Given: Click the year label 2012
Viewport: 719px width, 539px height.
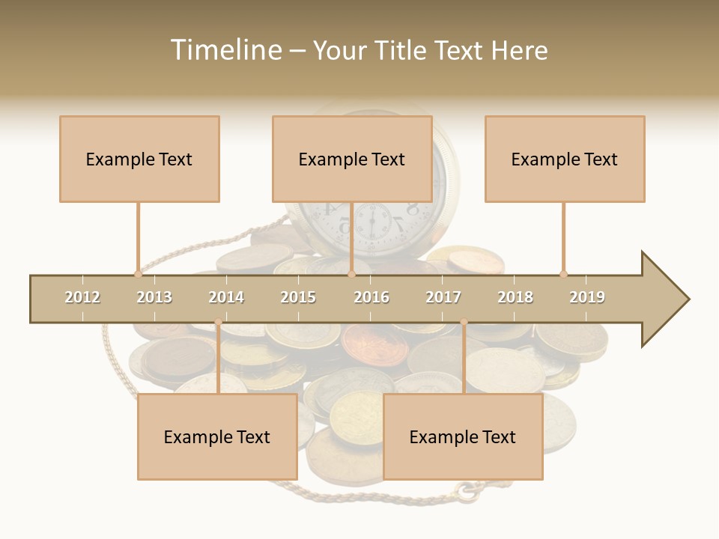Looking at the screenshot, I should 82,297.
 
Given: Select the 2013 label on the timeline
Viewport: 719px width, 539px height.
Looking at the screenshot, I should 154,297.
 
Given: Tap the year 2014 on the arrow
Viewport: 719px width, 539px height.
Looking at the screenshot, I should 226,297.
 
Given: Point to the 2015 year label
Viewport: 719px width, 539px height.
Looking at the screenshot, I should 298,297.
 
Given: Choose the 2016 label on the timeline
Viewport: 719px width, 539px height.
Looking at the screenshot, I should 371,297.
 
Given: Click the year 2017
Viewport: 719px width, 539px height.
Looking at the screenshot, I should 443,297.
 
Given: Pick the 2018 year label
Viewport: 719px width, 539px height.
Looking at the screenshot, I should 515,297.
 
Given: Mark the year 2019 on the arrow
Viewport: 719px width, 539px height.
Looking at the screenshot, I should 587,297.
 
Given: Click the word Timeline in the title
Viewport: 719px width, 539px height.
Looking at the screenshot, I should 225,50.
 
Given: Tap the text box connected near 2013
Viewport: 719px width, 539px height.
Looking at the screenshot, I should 139,159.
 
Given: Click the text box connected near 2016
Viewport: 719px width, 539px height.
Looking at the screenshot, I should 352,159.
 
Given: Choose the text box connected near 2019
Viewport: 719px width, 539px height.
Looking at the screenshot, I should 565,159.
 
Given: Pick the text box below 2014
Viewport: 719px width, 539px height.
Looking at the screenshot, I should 217,436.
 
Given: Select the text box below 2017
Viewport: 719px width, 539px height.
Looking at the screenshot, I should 463,436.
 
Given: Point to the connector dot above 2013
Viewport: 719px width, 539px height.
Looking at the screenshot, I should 138,274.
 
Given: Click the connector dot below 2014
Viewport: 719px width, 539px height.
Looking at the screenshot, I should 218,322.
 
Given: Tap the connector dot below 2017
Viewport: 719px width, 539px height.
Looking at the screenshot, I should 464,322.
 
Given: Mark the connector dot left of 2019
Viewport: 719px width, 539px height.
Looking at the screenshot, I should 563,274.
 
